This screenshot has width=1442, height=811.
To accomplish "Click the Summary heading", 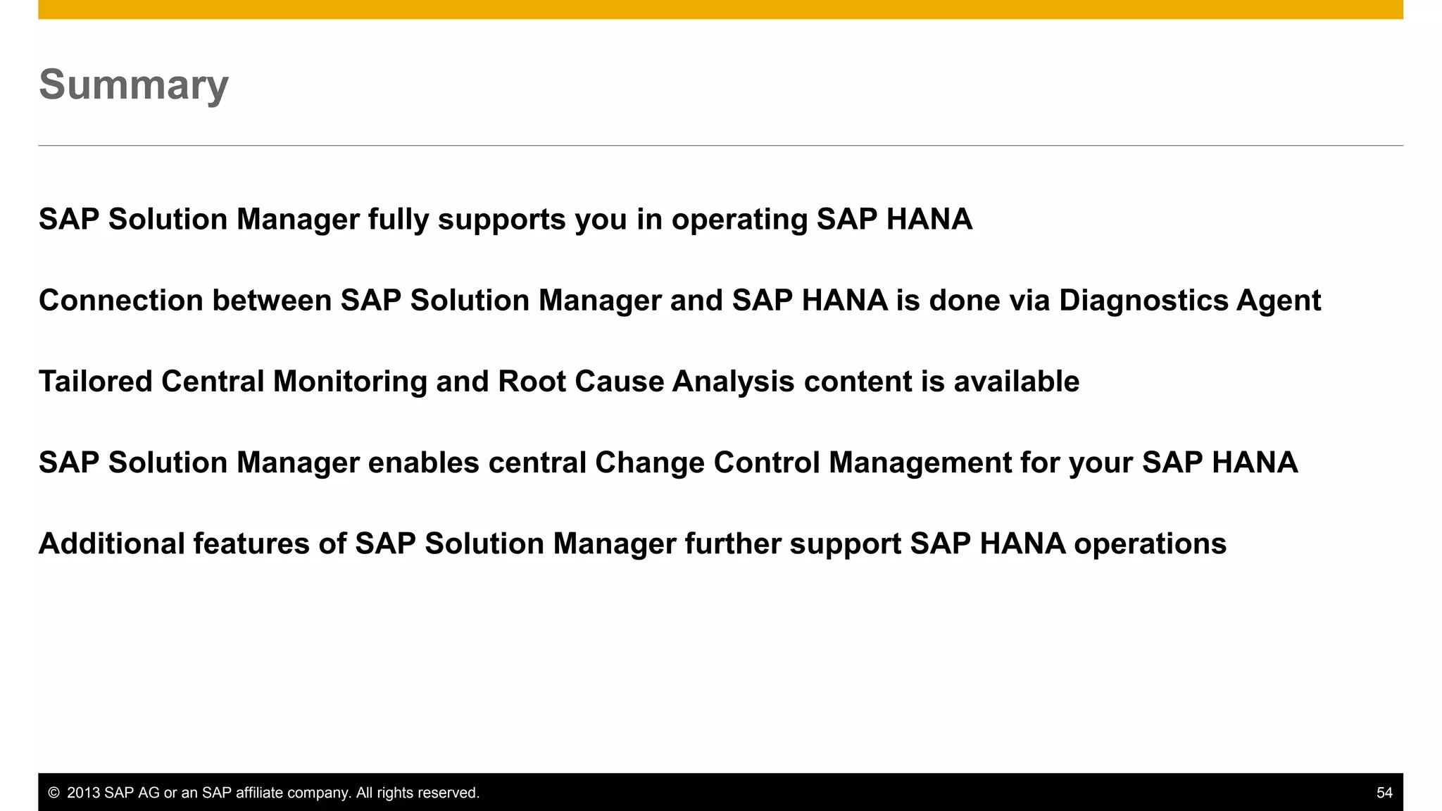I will (x=134, y=84).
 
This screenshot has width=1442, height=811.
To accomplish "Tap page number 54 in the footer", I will (x=1384, y=793).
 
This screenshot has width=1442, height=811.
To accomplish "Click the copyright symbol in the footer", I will (x=54, y=793).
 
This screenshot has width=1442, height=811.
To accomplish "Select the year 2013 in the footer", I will (x=84, y=793).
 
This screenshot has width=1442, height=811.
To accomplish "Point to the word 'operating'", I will (x=739, y=220).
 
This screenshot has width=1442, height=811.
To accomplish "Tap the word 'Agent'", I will (x=1279, y=301).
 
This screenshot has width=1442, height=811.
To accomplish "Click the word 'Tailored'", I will (x=96, y=382).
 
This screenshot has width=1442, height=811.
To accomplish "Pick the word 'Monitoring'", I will (x=350, y=382).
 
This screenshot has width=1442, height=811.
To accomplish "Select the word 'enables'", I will (x=424, y=463).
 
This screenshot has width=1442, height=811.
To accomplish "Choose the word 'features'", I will (x=251, y=543).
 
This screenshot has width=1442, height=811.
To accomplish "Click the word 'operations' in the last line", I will (x=1150, y=543).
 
